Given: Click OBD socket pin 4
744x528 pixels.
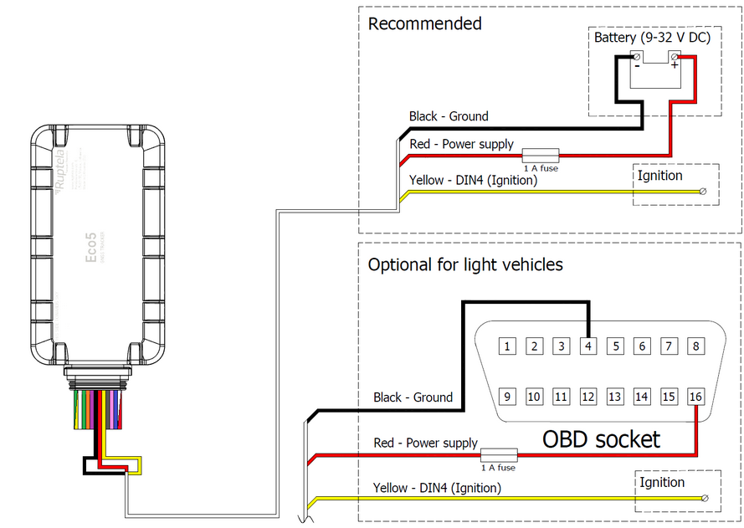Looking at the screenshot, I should tap(588, 346).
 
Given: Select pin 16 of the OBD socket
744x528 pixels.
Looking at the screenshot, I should tap(695, 397).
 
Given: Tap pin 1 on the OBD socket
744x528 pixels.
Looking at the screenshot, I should tap(508, 346).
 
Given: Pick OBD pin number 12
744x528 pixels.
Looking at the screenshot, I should tap(588, 397).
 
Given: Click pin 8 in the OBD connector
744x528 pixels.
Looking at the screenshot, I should tap(695, 346).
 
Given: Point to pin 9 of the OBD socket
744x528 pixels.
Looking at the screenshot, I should tap(508, 397).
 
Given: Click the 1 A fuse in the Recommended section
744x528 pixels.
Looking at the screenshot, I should tap(541, 155).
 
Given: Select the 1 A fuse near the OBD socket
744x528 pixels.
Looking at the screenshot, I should tap(498, 455).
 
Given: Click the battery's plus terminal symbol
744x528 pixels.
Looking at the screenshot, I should tap(675, 64).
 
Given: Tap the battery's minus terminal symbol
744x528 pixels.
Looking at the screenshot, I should tap(637, 64).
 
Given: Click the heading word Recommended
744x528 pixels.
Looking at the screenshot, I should tap(424, 23).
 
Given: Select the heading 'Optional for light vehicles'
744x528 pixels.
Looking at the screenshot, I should tap(465, 264).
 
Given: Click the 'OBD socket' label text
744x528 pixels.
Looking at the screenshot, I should tap(601, 438).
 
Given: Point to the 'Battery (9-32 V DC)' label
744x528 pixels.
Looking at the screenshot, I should tap(652, 38).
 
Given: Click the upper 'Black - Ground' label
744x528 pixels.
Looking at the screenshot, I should tap(449, 116).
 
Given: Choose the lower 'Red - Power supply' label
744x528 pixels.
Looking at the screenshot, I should tap(425, 443).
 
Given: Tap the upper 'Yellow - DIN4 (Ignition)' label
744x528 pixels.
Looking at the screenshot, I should tap(473, 179).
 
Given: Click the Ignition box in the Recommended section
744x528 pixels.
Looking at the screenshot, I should tap(675, 184).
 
